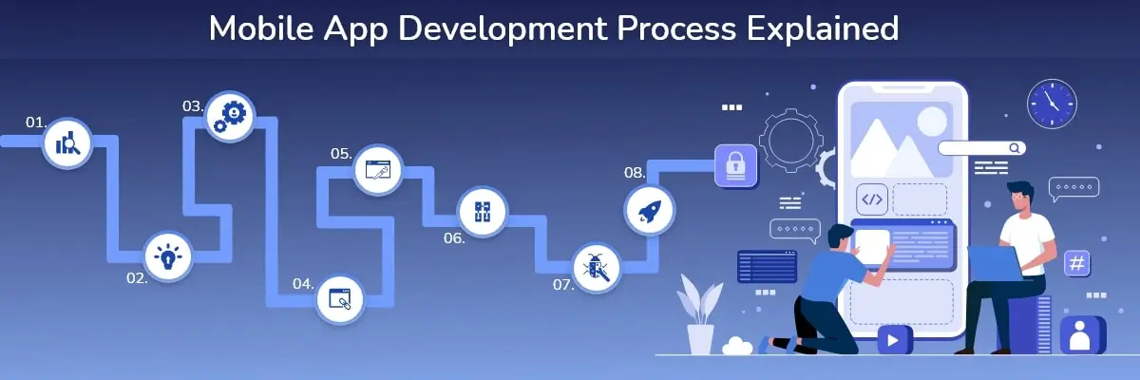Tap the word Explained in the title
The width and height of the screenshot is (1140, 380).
pos(823,29)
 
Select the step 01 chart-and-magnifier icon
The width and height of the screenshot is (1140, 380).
pos(67,142)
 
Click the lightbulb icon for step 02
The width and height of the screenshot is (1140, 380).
pos(168,256)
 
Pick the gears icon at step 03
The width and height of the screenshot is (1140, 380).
pos(230,117)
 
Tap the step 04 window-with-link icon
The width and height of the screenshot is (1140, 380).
pos(339,299)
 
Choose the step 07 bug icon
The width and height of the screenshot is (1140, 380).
pos(596,268)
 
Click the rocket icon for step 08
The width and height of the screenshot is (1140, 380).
pos(649,210)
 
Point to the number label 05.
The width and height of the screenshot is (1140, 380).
pos(341,154)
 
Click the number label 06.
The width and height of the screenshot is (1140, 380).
pos(454,238)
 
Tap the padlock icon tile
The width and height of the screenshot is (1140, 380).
pos(735,166)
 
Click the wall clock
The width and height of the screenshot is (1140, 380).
pos(1052,104)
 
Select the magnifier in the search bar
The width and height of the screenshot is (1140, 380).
pos(1015,148)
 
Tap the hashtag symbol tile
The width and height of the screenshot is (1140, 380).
pos(1077,263)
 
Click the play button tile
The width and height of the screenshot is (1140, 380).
pos(894,340)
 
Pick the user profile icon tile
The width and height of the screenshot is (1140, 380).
pos(1082,335)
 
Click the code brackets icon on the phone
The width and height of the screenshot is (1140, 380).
pos(872,199)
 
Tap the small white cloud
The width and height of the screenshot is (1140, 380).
pos(737,346)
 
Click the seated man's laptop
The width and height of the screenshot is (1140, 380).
pos(995,263)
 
